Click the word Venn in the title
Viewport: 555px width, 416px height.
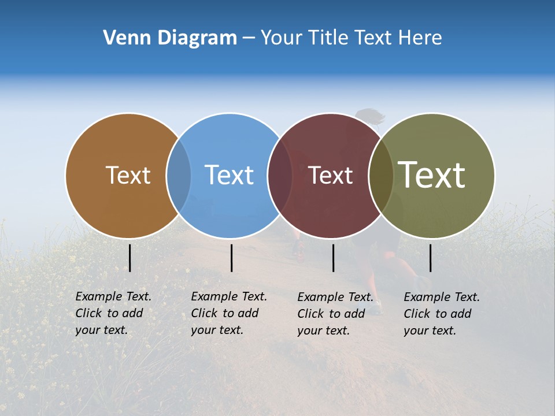point(123,38)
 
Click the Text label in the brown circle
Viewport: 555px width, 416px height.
point(128,176)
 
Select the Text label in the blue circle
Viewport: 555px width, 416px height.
point(229,176)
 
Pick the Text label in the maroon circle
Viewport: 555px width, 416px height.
point(330,176)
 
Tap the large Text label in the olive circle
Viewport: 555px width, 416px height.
point(432,175)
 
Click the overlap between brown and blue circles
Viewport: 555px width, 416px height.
point(179,176)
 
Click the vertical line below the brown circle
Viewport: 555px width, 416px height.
point(129,258)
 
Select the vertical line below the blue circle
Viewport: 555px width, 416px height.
point(231,258)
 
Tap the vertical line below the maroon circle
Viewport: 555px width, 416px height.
point(333,258)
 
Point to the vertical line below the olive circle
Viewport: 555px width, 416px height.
point(430,258)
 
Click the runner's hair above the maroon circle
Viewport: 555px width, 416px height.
point(370,116)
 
